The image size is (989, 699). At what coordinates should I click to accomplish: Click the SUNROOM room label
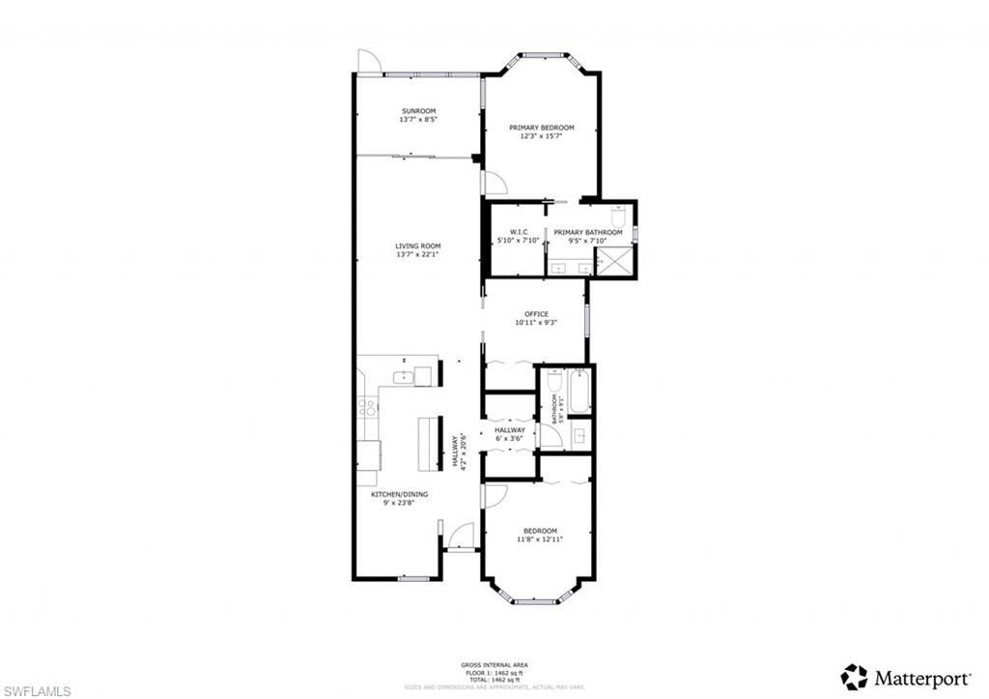pos(418,111)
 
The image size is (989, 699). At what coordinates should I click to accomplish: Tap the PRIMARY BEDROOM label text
pos(541,128)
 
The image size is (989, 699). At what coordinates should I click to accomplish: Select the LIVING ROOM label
pos(418,247)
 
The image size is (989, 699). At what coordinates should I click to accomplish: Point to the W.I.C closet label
pos(512,232)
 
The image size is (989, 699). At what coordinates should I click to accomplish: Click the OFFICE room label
pos(536,314)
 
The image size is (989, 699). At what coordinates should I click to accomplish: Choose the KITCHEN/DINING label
pos(400,494)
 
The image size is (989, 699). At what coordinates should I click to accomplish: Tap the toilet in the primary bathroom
pos(619,215)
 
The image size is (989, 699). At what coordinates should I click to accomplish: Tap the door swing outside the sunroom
pos(368,60)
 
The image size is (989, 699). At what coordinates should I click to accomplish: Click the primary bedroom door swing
pos(493,184)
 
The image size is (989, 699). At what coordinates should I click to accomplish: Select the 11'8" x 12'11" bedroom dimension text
pos(540,539)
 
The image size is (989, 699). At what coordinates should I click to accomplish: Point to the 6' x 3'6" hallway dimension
pos(509,439)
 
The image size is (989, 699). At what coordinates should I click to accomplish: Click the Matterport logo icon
pos(853,676)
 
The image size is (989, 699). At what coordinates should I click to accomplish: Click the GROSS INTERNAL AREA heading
pos(494,665)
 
